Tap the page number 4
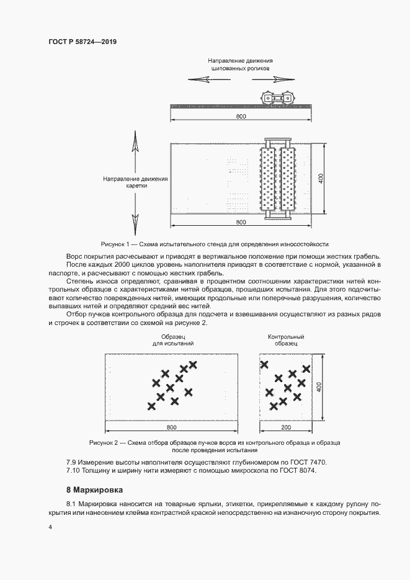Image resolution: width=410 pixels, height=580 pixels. pyautogui.click(x=50, y=527)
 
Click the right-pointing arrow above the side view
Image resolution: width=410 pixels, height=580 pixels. pyautogui.click(x=282, y=79)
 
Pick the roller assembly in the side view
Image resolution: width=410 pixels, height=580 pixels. pyautogui.click(x=278, y=98)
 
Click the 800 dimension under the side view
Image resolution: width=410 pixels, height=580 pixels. pyautogui.click(x=241, y=117)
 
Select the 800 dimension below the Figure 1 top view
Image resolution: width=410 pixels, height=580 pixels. pyautogui.click(x=241, y=222)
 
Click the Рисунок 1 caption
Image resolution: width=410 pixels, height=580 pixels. pyautogui.click(x=214, y=244)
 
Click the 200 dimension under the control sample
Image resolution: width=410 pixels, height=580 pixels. pyautogui.click(x=285, y=428)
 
